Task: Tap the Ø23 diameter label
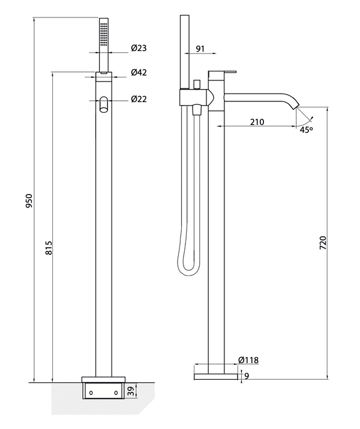[139, 49]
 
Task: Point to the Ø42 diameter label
[139, 73]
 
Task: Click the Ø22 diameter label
[139, 100]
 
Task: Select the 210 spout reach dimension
[257, 122]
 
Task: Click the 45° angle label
[307, 129]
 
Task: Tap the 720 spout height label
[322, 242]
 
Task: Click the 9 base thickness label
[246, 376]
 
